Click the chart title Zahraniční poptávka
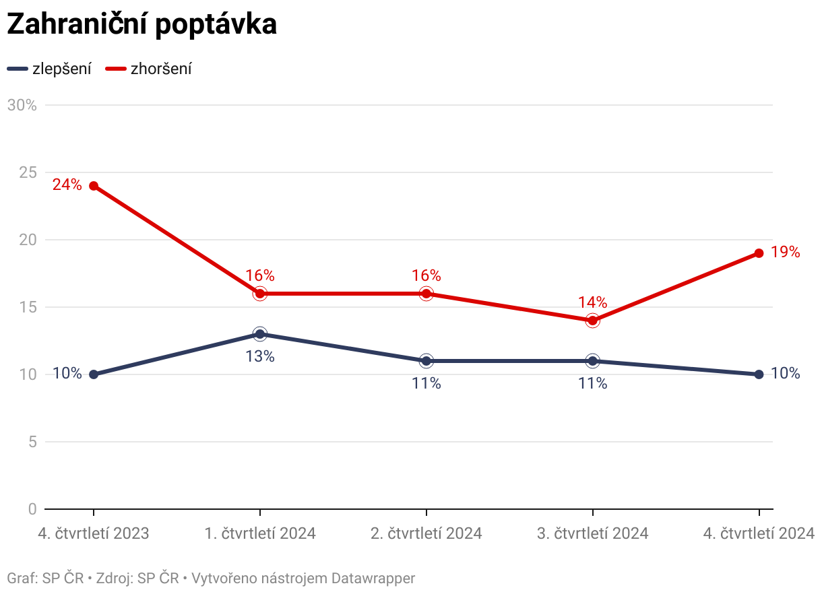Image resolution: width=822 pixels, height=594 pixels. [141, 24]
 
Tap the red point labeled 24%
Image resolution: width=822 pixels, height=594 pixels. [94, 186]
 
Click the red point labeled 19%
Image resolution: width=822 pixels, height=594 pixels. [759, 253]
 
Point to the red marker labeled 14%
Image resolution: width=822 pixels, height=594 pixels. [592, 321]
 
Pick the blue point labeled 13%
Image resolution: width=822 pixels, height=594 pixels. [260, 334]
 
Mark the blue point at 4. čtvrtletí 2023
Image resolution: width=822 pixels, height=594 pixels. [94, 374]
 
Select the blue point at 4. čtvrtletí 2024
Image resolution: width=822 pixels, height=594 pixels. [759, 374]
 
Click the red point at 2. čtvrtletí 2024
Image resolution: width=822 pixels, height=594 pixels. [426, 294]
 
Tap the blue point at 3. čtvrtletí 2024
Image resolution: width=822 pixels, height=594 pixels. [592, 361]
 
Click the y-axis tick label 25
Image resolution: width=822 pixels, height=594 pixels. [28, 172]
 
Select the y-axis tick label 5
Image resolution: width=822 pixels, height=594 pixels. [32, 442]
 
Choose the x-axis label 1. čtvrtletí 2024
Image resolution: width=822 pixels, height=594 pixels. [260, 533]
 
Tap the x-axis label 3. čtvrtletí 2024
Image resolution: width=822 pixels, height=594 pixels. [592, 533]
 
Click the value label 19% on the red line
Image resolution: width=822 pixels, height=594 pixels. [786, 253]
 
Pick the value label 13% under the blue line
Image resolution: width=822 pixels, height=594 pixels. [260, 356]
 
